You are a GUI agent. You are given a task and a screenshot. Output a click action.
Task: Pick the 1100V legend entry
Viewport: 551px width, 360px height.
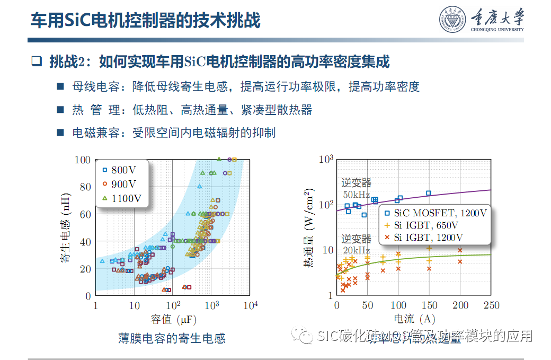point(122,198)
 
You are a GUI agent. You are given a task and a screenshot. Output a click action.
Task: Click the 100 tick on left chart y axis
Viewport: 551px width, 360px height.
point(83,160)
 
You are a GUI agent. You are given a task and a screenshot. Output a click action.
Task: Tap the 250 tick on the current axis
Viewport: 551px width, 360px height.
point(491,305)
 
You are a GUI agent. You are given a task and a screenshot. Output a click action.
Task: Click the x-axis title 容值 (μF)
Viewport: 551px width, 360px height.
point(172,320)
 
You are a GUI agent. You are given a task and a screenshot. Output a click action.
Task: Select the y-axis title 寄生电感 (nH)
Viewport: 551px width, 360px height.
point(65,227)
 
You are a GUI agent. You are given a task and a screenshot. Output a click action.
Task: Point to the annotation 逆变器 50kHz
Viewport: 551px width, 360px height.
point(356,188)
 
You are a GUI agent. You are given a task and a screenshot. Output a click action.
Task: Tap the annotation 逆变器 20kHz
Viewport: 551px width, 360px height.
point(356,244)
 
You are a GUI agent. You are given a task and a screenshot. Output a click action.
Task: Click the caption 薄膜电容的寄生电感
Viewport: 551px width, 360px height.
point(172,338)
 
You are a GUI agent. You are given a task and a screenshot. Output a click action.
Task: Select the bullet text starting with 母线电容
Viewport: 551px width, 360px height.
point(246,86)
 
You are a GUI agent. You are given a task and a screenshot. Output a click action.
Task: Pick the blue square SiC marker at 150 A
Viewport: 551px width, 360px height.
point(429,194)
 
